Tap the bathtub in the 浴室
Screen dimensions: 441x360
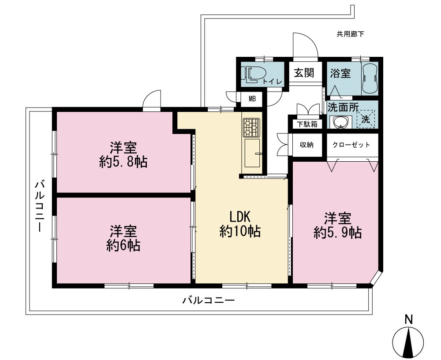coord(370,78)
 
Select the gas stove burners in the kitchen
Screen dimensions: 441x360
coord(251,128)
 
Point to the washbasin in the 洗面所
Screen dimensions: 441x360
coord(340,122)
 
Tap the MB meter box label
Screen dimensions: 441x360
coord(252,99)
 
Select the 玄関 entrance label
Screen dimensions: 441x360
coord(304,73)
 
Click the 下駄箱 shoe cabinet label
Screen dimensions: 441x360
coord(307,124)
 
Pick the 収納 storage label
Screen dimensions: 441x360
coord(307,145)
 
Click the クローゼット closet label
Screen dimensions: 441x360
coord(351,145)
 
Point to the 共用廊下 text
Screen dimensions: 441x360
coord(350,34)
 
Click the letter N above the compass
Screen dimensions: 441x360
coord(409,319)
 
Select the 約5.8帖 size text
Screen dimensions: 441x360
coord(123,162)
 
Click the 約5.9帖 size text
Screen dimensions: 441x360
coord(337,233)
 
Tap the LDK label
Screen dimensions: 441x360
coord(240,217)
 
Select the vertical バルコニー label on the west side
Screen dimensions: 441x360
coord(39,207)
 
